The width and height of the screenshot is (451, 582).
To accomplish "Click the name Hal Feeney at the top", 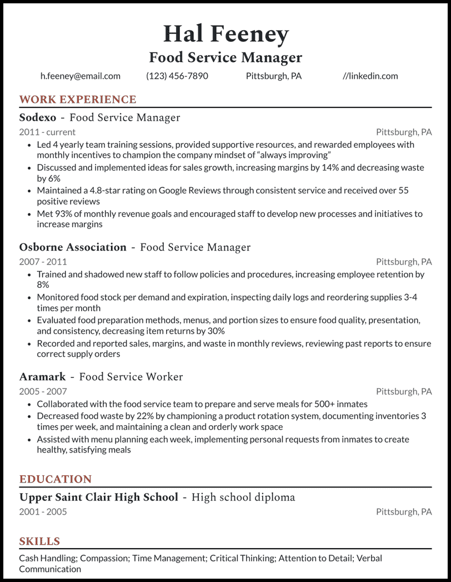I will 225,34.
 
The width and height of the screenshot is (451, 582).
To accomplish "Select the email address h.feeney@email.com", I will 80,76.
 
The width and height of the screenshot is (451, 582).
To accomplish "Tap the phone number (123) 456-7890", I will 177,76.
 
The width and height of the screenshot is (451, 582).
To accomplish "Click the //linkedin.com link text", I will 370,76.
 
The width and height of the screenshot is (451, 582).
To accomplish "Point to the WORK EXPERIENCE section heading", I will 78,100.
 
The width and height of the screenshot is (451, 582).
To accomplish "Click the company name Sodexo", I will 38,117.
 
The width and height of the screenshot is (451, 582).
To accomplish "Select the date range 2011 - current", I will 47,132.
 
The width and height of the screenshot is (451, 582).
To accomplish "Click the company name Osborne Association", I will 73,247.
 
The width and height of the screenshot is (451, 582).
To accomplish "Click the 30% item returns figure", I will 215,331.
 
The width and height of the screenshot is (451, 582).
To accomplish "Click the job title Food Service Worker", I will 131,376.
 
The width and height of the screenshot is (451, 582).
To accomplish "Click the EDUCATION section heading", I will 56,479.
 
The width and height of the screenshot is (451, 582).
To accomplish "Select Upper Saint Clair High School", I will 99,497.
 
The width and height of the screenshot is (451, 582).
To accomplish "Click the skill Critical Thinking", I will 242,558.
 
